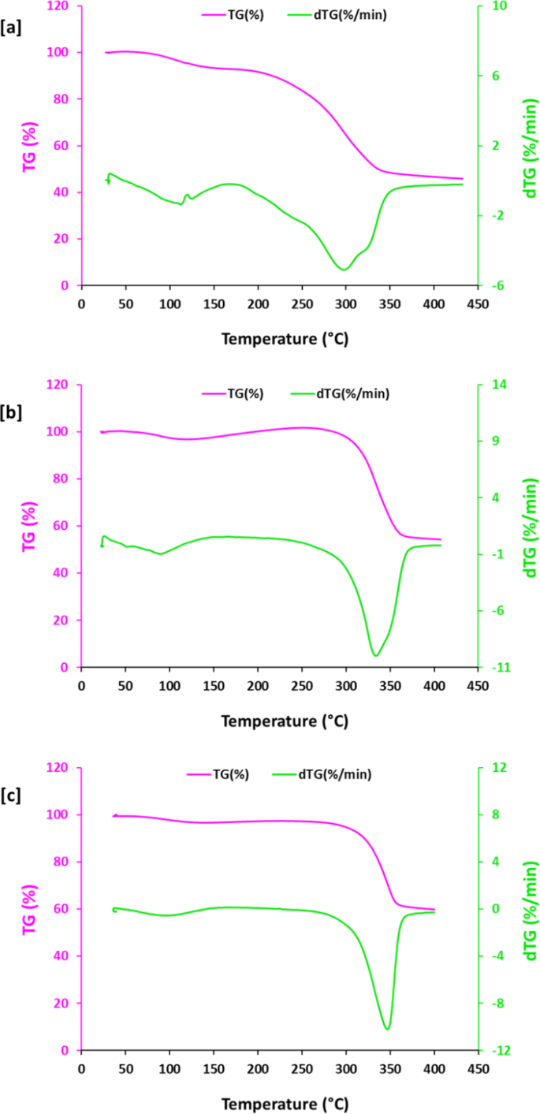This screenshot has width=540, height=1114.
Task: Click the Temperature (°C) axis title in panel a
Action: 284,339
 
